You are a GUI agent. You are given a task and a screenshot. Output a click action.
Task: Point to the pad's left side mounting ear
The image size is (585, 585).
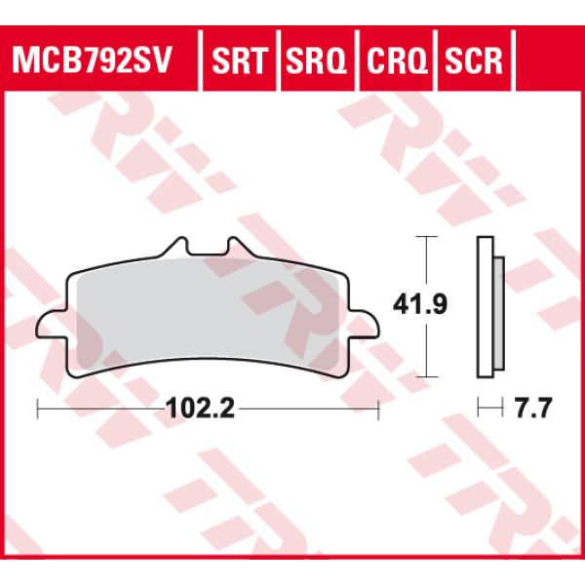[x=48, y=326]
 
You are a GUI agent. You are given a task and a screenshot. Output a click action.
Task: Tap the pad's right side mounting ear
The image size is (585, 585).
[x=366, y=326]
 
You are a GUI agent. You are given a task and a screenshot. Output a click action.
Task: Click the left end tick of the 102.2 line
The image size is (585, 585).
[x=36, y=410]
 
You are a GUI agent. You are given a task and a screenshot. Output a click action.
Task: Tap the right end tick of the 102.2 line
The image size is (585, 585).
[x=378, y=410]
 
